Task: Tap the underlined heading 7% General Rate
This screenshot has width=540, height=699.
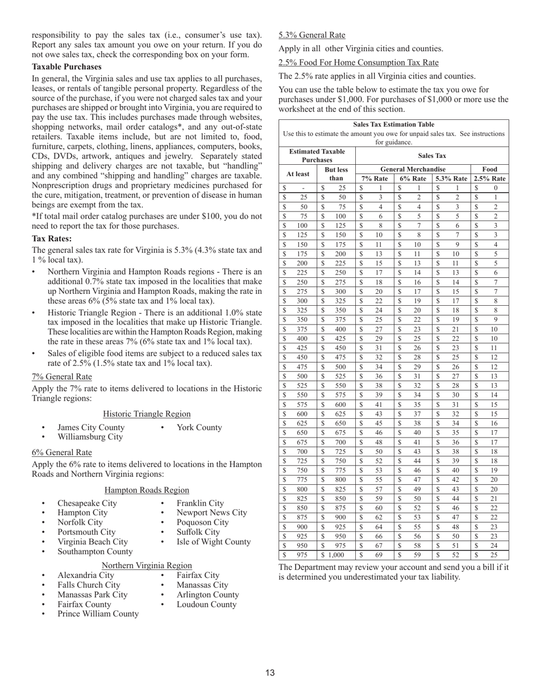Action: (61, 376)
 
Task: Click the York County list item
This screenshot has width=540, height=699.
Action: (199, 427)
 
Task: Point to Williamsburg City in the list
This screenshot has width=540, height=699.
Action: (90, 437)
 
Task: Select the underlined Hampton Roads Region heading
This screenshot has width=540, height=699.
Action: (147, 490)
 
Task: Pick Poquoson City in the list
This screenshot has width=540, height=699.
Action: (202, 522)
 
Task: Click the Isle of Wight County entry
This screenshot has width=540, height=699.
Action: (213, 542)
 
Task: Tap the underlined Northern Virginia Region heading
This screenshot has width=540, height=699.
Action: (147, 565)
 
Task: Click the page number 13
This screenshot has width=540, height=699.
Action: (269, 673)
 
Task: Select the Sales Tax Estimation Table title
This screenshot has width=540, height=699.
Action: (393, 124)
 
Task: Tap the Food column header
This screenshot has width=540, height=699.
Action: (489, 169)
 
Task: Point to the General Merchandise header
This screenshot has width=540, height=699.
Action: (413, 169)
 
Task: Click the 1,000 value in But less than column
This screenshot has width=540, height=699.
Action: (339, 555)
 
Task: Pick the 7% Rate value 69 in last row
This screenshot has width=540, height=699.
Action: (380, 555)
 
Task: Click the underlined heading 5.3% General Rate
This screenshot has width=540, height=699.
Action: (311, 34)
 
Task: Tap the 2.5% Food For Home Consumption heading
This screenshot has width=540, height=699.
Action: (358, 62)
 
